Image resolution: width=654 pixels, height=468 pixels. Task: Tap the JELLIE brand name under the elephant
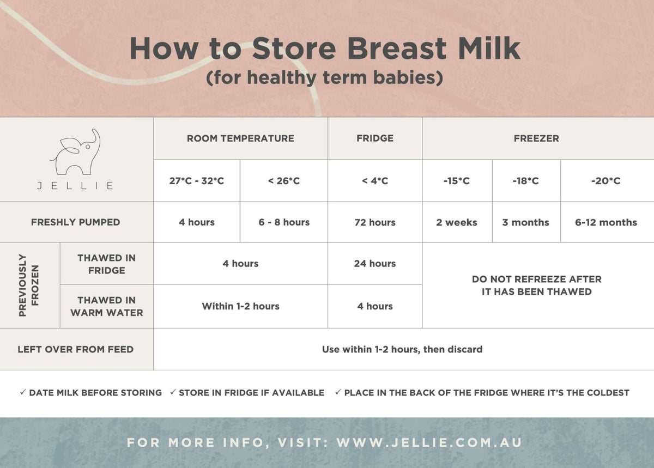[x=76, y=186]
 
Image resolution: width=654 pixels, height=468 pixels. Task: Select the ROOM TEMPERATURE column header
[x=240, y=138]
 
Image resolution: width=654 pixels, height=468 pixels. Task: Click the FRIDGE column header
[x=374, y=138]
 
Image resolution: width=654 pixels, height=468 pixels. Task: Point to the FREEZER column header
[x=536, y=138]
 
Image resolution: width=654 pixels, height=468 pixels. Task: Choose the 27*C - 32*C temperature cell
[x=196, y=181]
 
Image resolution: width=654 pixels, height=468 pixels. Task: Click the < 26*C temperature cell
[x=283, y=181]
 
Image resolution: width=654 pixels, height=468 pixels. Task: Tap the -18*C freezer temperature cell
[x=525, y=181]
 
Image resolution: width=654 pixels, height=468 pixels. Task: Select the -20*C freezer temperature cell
[x=605, y=181]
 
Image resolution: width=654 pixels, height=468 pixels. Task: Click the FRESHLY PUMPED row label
[x=76, y=222]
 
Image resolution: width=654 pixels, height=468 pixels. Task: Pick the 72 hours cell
[x=374, y=222]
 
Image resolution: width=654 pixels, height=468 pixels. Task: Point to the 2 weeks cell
[x=456, y=222]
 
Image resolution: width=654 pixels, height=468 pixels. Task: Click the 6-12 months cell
[x=605, y=222]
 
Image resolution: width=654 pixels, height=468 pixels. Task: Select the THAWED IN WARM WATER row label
[x=106, y=306]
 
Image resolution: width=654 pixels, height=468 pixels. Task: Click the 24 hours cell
[x=374, y=264]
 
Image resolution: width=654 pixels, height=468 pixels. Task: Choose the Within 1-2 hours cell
[x=240, y=306]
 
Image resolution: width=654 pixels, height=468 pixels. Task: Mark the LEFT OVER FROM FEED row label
[x=76, y=349]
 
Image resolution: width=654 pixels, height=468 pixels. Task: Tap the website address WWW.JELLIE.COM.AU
[x=429, y=442]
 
